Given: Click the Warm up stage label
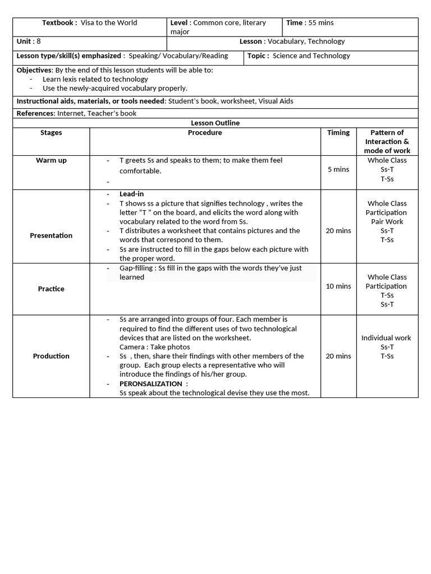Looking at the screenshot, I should (51, 160).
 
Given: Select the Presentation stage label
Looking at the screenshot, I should (51, 235).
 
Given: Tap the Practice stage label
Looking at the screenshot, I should (51, 289).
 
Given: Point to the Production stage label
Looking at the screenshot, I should (51, 356).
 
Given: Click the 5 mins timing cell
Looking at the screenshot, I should (338, 169).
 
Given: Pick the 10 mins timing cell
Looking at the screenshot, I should (338, 286).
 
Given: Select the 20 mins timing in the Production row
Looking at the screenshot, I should (338, 356).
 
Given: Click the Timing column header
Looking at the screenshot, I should (338, 133).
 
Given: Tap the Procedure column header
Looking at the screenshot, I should (205, 133).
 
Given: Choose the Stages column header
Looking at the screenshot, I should (51, 133).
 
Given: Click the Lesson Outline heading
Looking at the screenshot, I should (215, 123).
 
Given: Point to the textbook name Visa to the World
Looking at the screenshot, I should (109, 23).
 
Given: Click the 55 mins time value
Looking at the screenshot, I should (321, 23).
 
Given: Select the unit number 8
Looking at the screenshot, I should (39, 41).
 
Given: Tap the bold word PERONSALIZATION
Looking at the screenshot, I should (150, 383).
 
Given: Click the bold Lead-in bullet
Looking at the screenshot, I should (131, 194).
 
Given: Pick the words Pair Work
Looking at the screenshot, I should (387, 221).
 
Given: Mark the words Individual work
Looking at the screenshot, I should (386, 338).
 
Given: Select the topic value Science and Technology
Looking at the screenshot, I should (311, 56).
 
